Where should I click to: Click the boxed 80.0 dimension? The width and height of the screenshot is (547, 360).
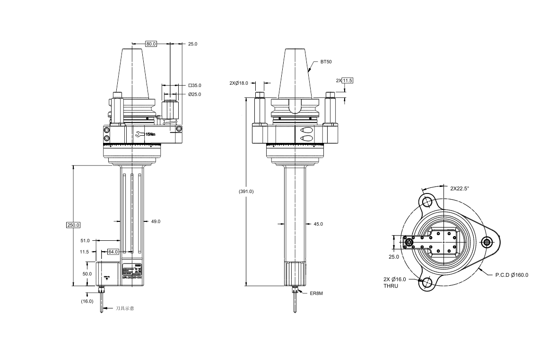coord(151,44)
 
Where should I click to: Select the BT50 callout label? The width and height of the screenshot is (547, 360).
coord(326,62)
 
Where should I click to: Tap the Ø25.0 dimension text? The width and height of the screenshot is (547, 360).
coord(194,95)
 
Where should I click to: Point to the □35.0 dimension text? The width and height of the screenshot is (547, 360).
coord(194,86)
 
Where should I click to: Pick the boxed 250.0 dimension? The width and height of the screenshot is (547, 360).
coord(73,225)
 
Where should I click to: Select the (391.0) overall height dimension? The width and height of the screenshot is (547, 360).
coord(246,192)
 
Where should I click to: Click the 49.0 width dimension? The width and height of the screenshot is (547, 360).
coord(156,221)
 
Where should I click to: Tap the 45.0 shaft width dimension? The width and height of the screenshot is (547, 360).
coord(318,224)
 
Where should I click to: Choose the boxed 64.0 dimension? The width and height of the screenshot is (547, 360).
coord(113,252)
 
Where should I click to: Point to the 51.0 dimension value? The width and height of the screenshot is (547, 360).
coord(85,241)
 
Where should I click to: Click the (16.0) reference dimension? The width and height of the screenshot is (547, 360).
coord(87,301)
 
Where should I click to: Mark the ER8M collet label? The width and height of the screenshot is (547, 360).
coord(316,293)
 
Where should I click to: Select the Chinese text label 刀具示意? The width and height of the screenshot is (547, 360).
coord(125,308)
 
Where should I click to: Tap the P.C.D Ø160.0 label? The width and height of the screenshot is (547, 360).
coord(512,275)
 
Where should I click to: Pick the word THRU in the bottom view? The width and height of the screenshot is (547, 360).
coord(391,286)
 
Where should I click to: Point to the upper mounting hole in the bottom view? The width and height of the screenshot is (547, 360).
coord(427,202)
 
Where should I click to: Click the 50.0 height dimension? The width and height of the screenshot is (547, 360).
coord(87,274)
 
